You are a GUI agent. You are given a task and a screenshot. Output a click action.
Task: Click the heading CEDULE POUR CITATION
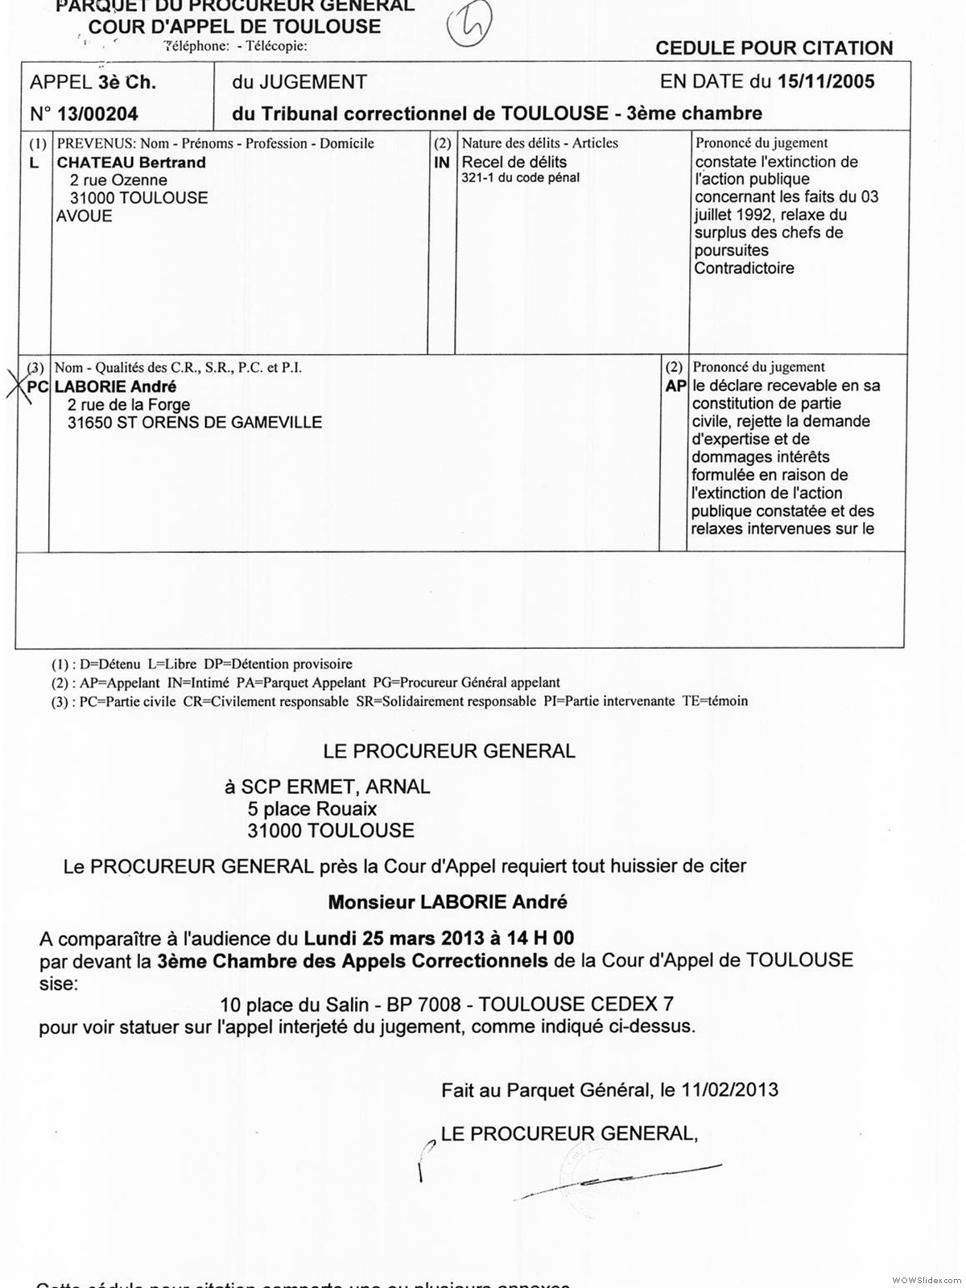774,48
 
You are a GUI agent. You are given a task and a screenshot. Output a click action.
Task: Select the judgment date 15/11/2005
825,81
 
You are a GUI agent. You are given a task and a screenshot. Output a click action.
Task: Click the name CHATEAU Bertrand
131,163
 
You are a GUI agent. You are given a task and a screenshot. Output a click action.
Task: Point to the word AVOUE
84,216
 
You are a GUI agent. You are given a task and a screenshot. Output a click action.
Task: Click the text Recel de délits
514,162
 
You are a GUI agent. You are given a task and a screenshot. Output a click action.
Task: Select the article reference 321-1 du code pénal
520,178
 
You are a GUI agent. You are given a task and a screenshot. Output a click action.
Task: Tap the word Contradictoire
744,268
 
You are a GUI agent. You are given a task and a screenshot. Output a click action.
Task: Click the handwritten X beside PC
18,386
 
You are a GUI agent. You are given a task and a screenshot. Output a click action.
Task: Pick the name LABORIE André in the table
115,386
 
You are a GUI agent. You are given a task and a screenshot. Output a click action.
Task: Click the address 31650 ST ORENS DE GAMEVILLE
195,422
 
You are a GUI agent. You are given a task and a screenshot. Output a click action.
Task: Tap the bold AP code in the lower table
675,386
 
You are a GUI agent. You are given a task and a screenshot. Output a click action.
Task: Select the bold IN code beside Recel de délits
441,162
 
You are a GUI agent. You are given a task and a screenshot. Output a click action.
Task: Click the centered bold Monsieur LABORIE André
448,902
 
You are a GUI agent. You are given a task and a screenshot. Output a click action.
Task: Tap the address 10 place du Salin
289,1004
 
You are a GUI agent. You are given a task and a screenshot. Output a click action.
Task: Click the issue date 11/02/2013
729,1090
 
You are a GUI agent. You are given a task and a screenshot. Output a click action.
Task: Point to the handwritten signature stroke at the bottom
620,1180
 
